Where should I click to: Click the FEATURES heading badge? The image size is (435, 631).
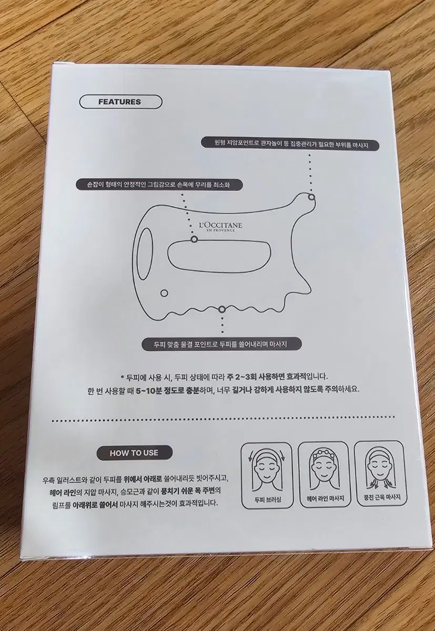point(121,102)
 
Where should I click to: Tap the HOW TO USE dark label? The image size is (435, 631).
point(134,453)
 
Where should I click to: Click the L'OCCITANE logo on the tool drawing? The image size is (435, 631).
point(217,227)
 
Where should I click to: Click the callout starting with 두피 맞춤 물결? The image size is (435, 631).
point(218,344)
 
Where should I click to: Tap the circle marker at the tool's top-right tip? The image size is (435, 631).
point(311,197)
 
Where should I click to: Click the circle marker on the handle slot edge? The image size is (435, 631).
point(194,239)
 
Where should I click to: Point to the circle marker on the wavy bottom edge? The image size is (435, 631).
point(222,310)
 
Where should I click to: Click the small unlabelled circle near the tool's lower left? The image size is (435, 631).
point(164,293)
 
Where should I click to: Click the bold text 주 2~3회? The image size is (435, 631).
point(238,376)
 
